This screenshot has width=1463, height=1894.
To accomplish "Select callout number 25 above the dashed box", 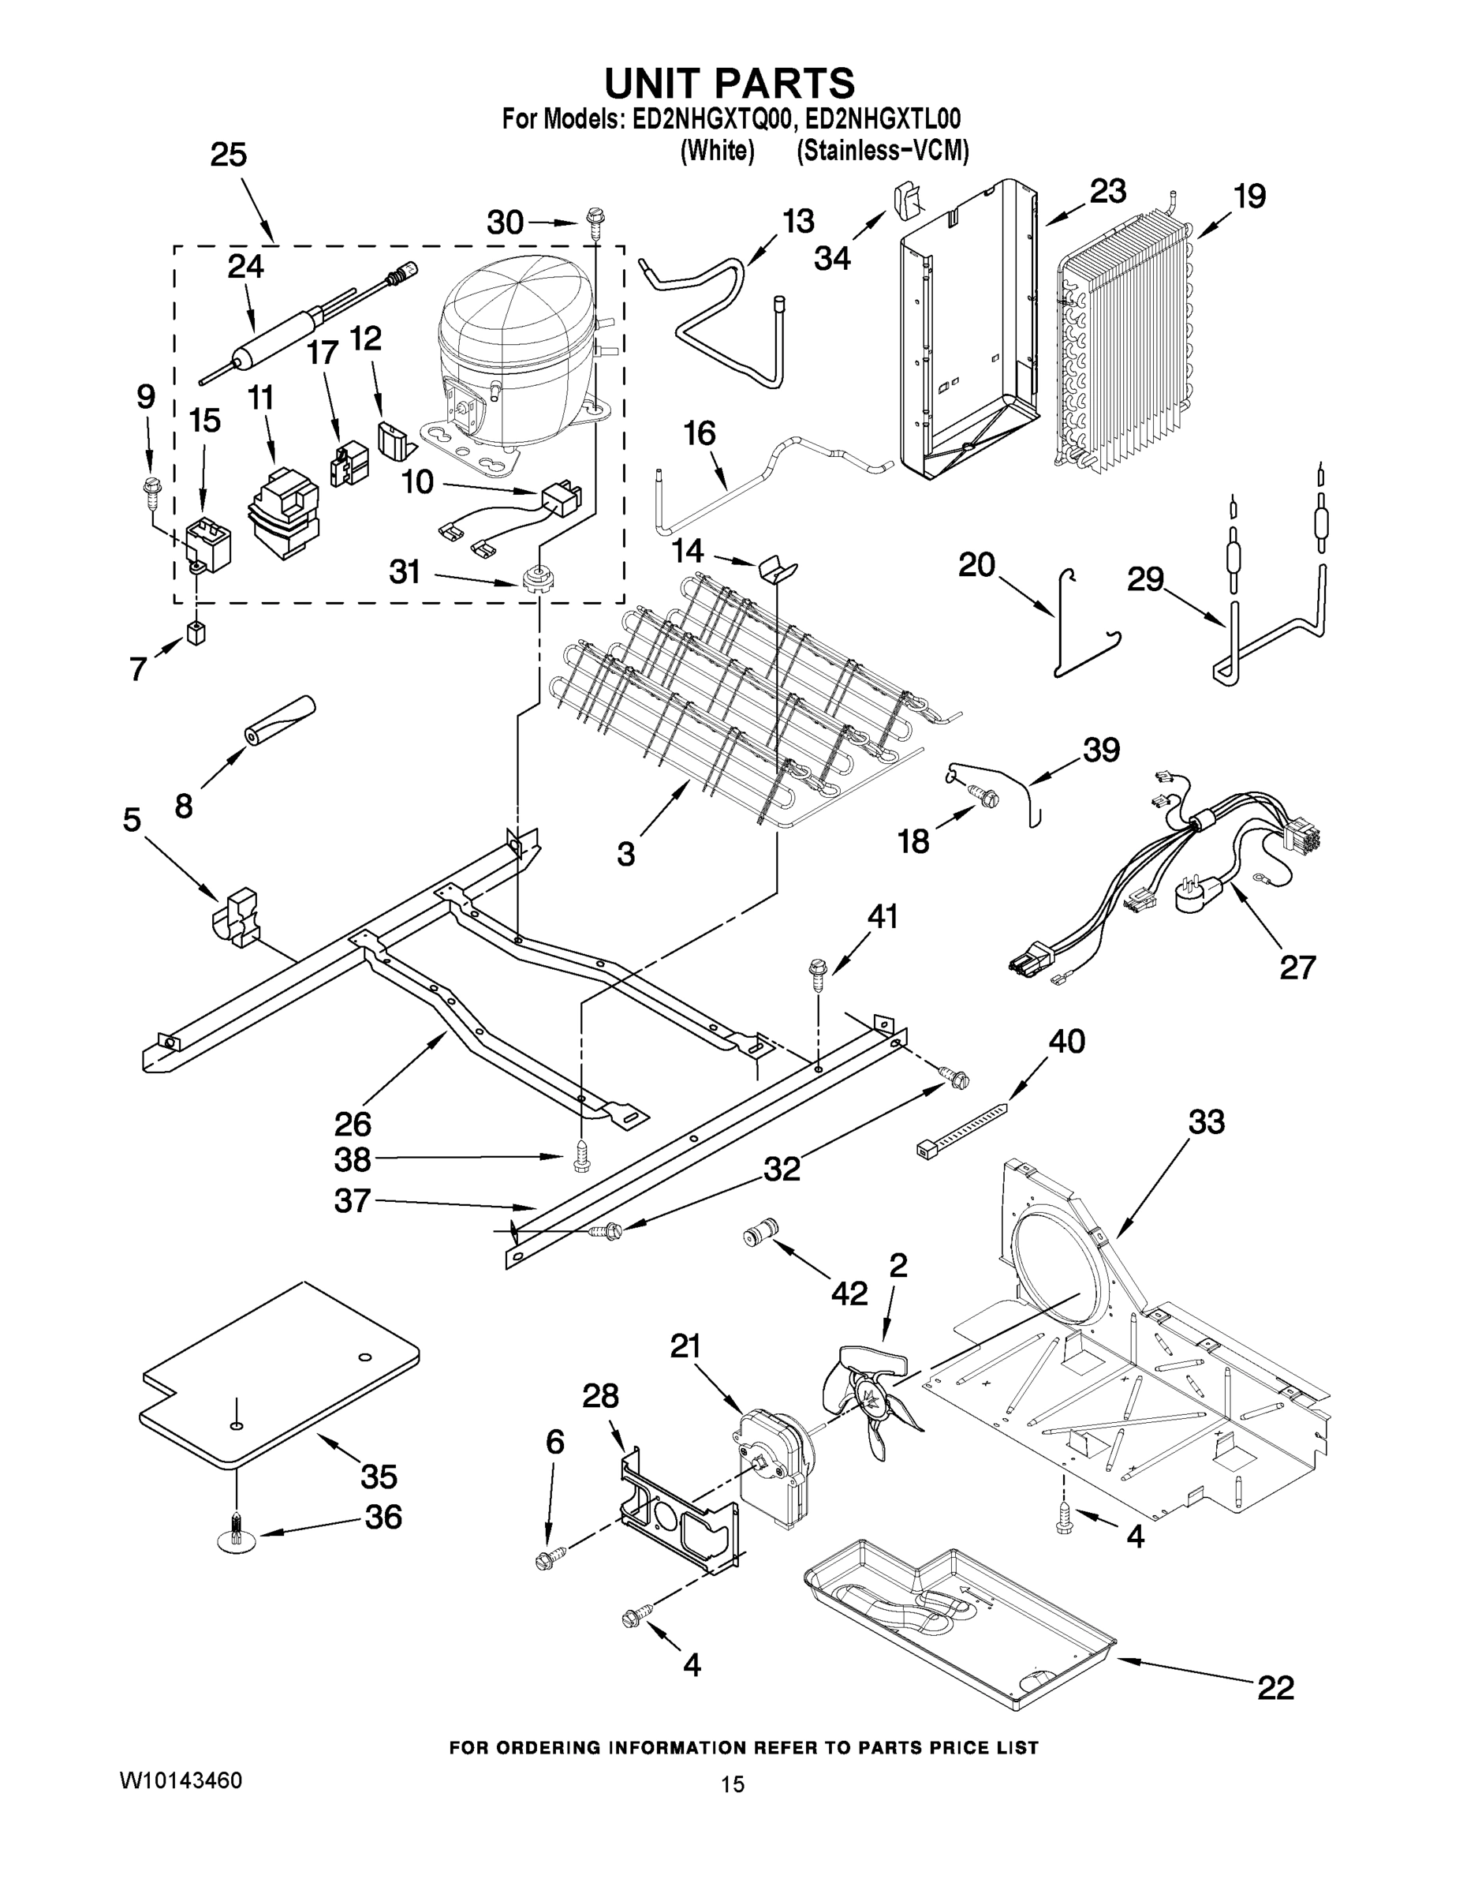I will [228, 155].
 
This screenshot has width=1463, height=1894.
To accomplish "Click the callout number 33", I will [1207, 1121].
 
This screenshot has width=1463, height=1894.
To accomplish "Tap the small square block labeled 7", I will [196, 634].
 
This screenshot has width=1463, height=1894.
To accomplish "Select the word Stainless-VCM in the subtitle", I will [882, 151].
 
